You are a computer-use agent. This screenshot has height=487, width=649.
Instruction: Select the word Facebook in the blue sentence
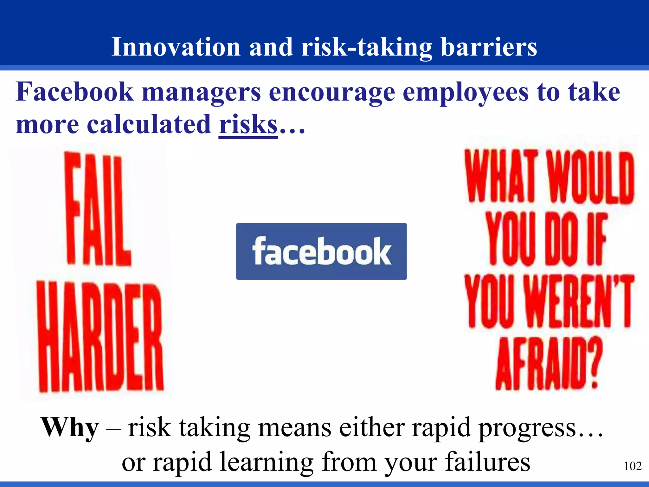[x=75, y=92]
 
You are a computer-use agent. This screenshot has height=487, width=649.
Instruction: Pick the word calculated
[x=149, y=124]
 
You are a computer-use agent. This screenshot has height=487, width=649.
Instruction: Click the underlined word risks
[x=248, y=125]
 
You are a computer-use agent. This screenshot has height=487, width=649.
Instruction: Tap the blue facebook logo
[x=321, y=251]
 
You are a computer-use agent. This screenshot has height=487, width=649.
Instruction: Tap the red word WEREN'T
[x=578, y=301]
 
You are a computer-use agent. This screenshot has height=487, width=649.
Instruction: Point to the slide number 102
[x=633, y=466]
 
